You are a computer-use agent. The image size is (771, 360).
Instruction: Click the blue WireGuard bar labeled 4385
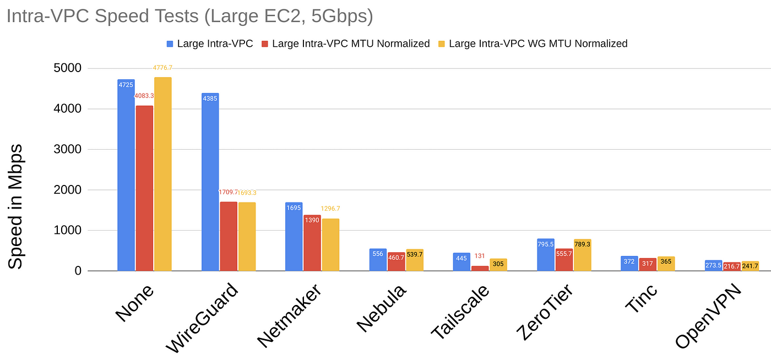coord(210,182)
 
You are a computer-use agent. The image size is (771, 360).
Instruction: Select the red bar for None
coord(144,188)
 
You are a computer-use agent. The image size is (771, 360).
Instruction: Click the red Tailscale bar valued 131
coord(480,268)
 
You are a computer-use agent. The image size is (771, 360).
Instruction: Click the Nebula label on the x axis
coord(382,308)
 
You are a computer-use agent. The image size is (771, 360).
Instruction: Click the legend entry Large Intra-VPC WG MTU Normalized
coord(538,43)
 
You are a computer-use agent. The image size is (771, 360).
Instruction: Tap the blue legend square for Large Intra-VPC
coord(170,43)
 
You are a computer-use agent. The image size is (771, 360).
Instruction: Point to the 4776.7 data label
coord(163,68)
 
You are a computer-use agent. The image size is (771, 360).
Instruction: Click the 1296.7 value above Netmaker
coord(330,209)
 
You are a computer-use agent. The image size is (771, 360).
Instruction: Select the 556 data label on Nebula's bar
coord(378,254)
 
